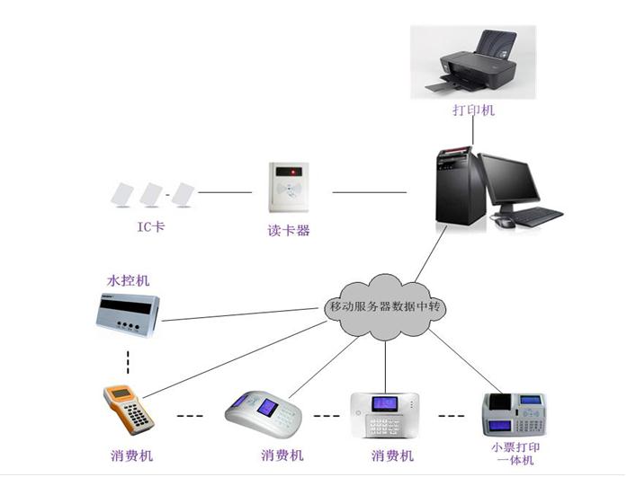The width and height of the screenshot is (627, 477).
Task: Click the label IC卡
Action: coord(150,227)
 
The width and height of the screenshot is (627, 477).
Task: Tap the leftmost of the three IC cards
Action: coord(121,192)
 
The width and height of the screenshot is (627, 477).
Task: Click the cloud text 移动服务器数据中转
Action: coord(384,307)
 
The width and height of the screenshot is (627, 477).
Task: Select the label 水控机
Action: coord(129,281)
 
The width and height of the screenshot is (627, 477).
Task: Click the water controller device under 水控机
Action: coord(126,314)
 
